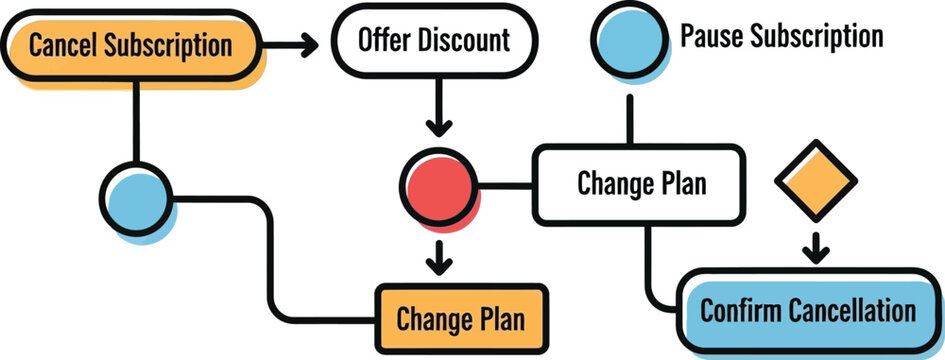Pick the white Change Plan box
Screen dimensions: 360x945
click(x=640, y=184)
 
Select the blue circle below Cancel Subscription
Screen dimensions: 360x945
click(x=137, y=198)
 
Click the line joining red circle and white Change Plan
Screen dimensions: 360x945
click(x=506, y=185)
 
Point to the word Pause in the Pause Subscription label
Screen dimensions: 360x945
click(x=711, y=37)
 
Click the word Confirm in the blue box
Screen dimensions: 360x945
click(x=737, y=310)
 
